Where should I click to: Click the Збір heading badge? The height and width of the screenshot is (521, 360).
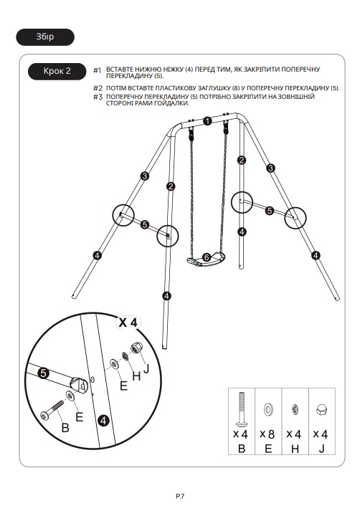(x=45, y=37)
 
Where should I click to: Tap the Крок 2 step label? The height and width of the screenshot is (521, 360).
(x=57, y=71)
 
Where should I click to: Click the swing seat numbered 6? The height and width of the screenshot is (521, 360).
(x=206, y=259)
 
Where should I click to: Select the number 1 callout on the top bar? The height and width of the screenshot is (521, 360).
(x=208, y=121)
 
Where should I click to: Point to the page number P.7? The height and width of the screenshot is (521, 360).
(x=180, y=497)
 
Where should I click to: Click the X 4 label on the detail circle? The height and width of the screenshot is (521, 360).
(x=128, y=322)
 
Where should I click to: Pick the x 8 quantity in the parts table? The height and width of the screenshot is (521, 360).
(x=267, y=434)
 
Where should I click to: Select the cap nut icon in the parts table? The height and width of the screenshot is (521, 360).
(x=321, y=409)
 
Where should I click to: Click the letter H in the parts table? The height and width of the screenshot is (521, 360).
(x=295, y=449)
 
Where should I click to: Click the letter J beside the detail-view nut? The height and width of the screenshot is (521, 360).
(x=146, y=368)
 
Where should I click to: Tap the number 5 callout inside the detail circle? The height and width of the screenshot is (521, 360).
(x=43, y=373)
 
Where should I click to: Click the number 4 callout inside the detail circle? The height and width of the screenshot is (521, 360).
(x=104, y=421)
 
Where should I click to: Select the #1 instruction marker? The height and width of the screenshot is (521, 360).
(x=97, y=70)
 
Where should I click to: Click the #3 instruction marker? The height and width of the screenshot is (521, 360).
(x=98, y=97)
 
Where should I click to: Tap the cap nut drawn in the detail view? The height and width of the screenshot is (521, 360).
(x=136, y=348)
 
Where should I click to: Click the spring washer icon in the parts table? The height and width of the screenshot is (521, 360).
(x=295, y=409)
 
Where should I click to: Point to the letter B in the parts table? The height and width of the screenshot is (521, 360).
(x=242, y=449)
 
